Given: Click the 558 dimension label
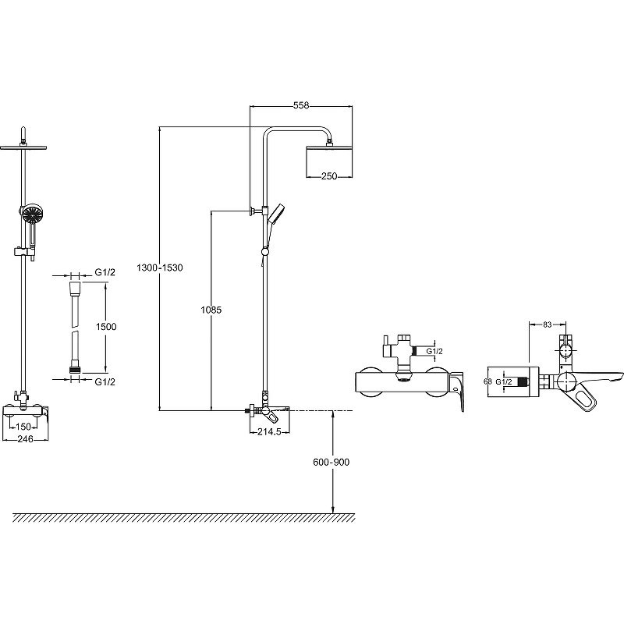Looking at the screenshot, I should [x=300, y=105].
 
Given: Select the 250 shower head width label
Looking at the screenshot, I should [x=328, y=176].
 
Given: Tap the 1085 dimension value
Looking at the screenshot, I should [x=211, y=310].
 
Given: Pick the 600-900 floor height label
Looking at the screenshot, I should [x=332, y=462].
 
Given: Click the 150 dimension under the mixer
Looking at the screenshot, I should [x=23, y=426].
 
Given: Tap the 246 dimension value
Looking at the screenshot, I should [x=23, y=439].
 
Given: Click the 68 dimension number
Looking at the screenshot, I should [x=487, y=381].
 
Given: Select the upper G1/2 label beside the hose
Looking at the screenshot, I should [x=105, y=271].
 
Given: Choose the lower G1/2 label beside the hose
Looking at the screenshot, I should [x=105, y=381].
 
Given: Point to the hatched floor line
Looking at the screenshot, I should [x=184, y=517].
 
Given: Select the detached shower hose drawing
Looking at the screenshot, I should [x=74, y=327].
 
